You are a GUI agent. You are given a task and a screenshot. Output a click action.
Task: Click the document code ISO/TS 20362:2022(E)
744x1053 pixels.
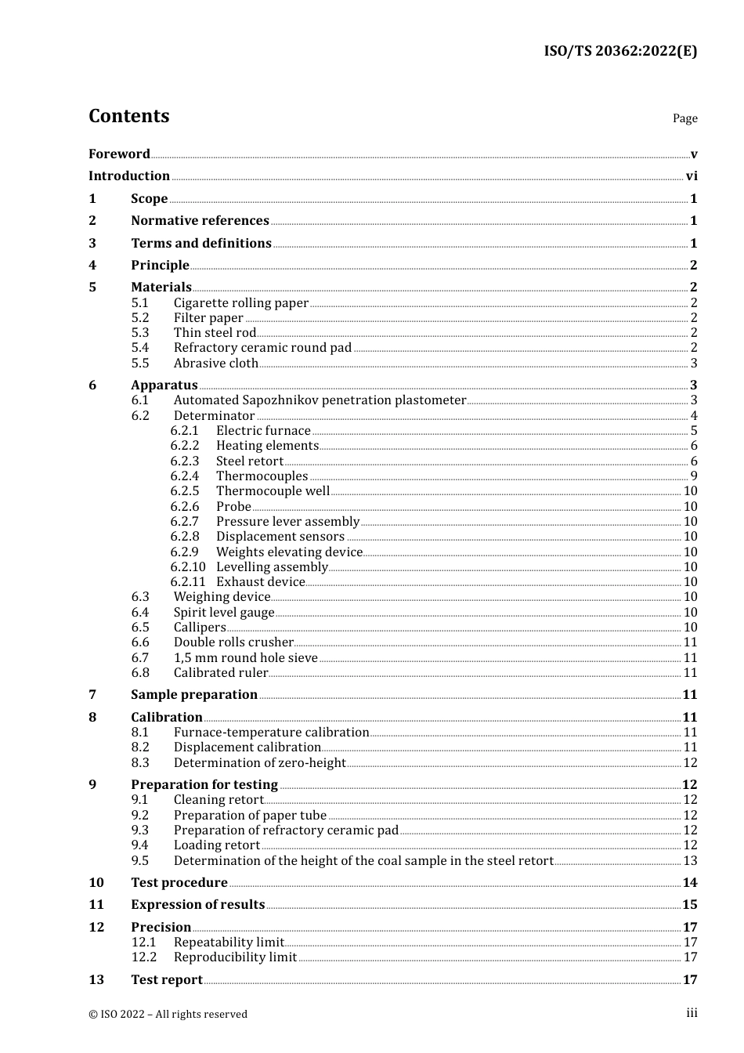click(620, 52)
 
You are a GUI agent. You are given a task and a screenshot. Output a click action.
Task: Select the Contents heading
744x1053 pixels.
click(128, 116)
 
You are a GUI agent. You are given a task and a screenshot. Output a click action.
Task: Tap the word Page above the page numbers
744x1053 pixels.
click(684, 118)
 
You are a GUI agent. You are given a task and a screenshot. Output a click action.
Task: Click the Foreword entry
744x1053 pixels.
click(119, 154)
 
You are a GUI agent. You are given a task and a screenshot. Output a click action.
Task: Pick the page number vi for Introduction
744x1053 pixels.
click(692, 176)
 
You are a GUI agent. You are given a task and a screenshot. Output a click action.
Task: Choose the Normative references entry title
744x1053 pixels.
click(200, 221)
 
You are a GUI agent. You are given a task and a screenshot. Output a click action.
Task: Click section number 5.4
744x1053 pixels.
click(139, 348)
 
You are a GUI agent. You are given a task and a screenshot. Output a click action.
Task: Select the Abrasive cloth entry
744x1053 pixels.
click(216, 364)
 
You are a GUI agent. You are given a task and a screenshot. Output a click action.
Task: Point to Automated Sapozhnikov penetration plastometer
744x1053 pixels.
click(320, 400)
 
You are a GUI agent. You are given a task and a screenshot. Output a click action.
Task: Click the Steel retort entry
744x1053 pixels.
click(250, 461)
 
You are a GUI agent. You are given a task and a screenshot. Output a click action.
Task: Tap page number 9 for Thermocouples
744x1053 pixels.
click(694, 476)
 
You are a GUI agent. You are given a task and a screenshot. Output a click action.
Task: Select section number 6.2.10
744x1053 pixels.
click(188, 567)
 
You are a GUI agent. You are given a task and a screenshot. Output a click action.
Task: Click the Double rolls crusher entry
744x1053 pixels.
click(233, 642)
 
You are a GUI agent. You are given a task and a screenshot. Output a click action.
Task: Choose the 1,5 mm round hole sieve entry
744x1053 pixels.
click(245, 658)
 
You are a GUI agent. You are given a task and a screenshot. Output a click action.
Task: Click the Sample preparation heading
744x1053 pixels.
click(194, 695)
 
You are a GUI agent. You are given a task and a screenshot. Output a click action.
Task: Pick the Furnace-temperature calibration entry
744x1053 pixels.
click(271, 733)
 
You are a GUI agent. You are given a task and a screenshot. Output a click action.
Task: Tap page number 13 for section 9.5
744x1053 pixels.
click(690, 861)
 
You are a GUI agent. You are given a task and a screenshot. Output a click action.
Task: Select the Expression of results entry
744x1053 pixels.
click(197, 905)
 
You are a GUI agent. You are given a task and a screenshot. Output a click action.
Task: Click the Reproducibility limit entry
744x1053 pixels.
click(235, 957)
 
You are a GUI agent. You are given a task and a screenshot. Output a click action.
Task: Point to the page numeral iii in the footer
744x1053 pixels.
click(692, 1013)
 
